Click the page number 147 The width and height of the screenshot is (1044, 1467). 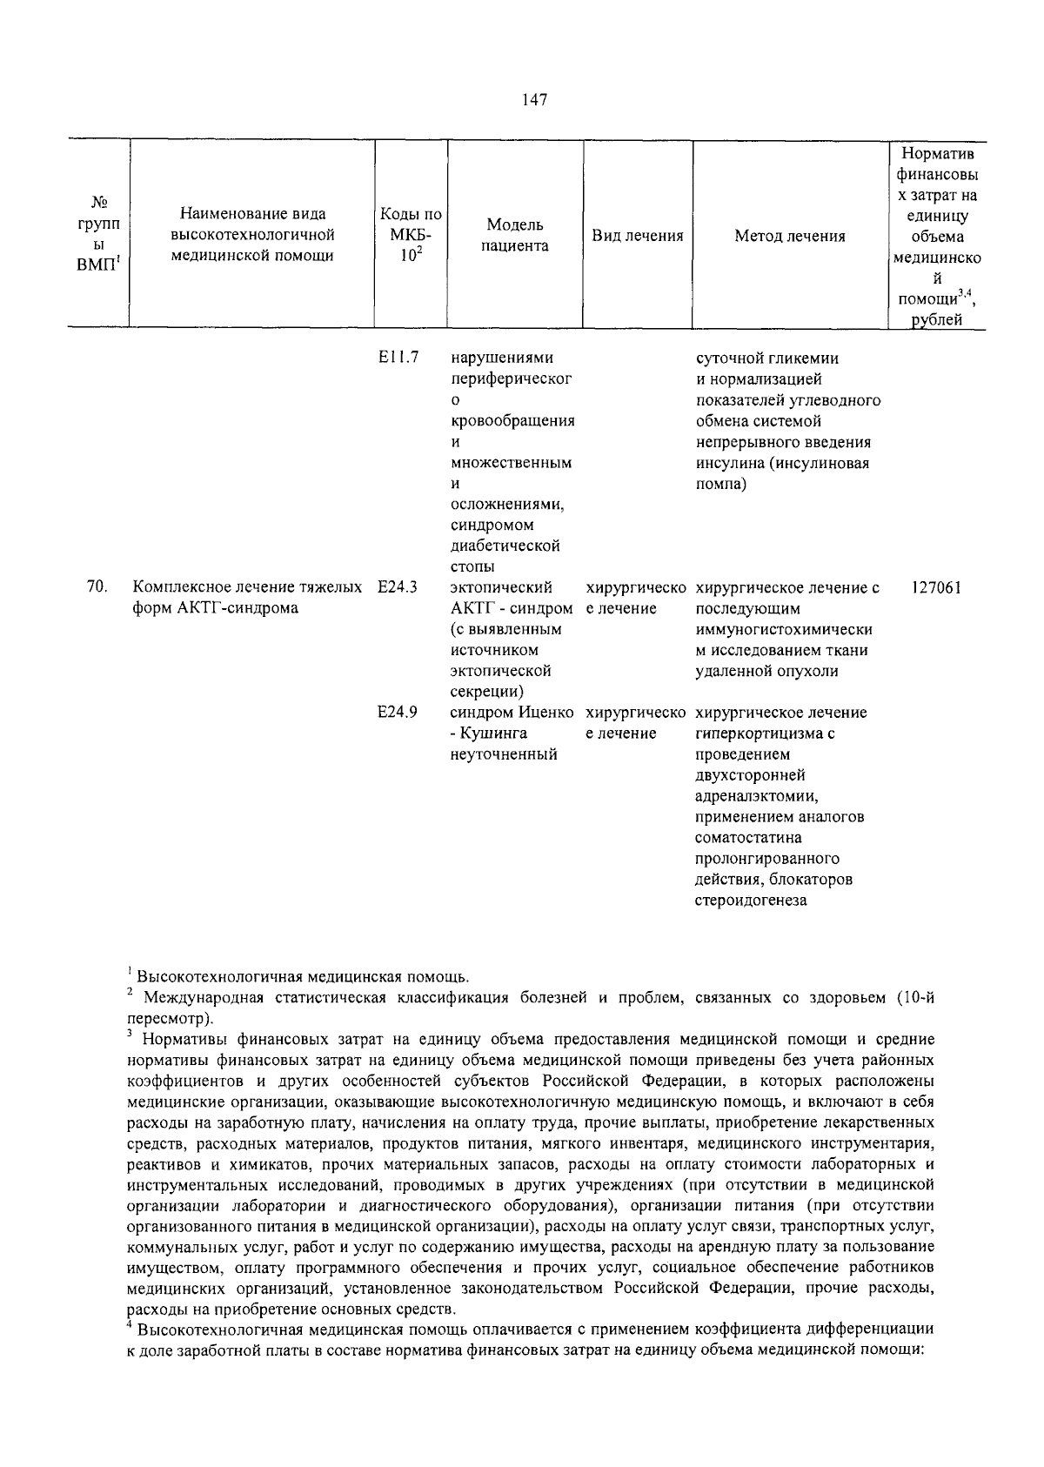534,100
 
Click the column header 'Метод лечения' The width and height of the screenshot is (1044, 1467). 789,236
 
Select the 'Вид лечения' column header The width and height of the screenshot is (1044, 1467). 637,236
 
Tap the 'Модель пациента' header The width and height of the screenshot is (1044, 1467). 516,235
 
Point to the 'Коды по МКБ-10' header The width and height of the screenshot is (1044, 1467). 411,235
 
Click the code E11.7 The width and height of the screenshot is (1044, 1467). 398,358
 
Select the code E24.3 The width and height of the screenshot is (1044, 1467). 398,587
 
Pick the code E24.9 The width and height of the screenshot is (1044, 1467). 398,713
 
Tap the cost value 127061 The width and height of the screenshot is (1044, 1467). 936,587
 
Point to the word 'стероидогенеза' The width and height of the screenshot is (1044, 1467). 751,901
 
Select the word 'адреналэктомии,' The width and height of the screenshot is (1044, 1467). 757,796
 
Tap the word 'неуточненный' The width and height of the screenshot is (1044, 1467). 503,754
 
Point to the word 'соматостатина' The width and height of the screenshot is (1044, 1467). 748,838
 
